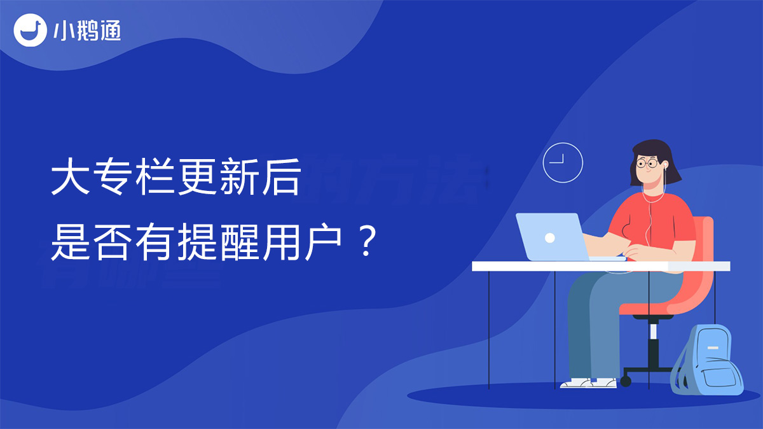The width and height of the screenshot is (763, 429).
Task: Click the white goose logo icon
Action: point(31,30)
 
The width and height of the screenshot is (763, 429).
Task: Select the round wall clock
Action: point(563,163)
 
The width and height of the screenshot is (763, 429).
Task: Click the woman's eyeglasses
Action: point(647,164)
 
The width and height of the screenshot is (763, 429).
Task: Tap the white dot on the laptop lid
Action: point(550,237)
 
